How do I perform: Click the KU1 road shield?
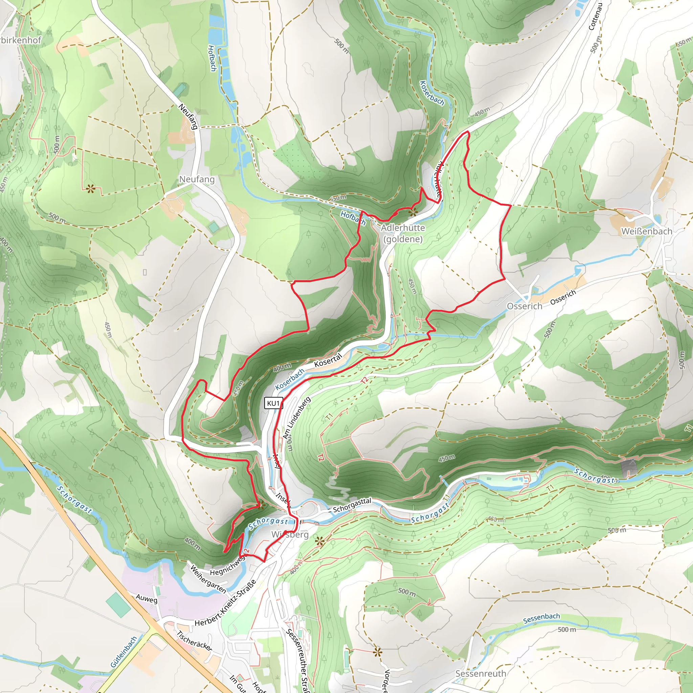click(x=273, y=403)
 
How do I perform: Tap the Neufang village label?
click(x=197, y=179)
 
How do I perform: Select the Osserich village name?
click(x=524, y=306)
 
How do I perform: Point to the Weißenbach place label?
click(x=646, y=231)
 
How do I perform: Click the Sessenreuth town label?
click(x=480, y=673)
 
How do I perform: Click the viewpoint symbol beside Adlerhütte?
click(x=413, y=213)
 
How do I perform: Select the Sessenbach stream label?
click(x=541, y=618)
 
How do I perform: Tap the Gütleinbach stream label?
click(x=124, y=652)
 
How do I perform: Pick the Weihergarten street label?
click(x=208, y=579)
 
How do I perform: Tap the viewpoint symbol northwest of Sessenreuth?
click(x=377, y=652)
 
